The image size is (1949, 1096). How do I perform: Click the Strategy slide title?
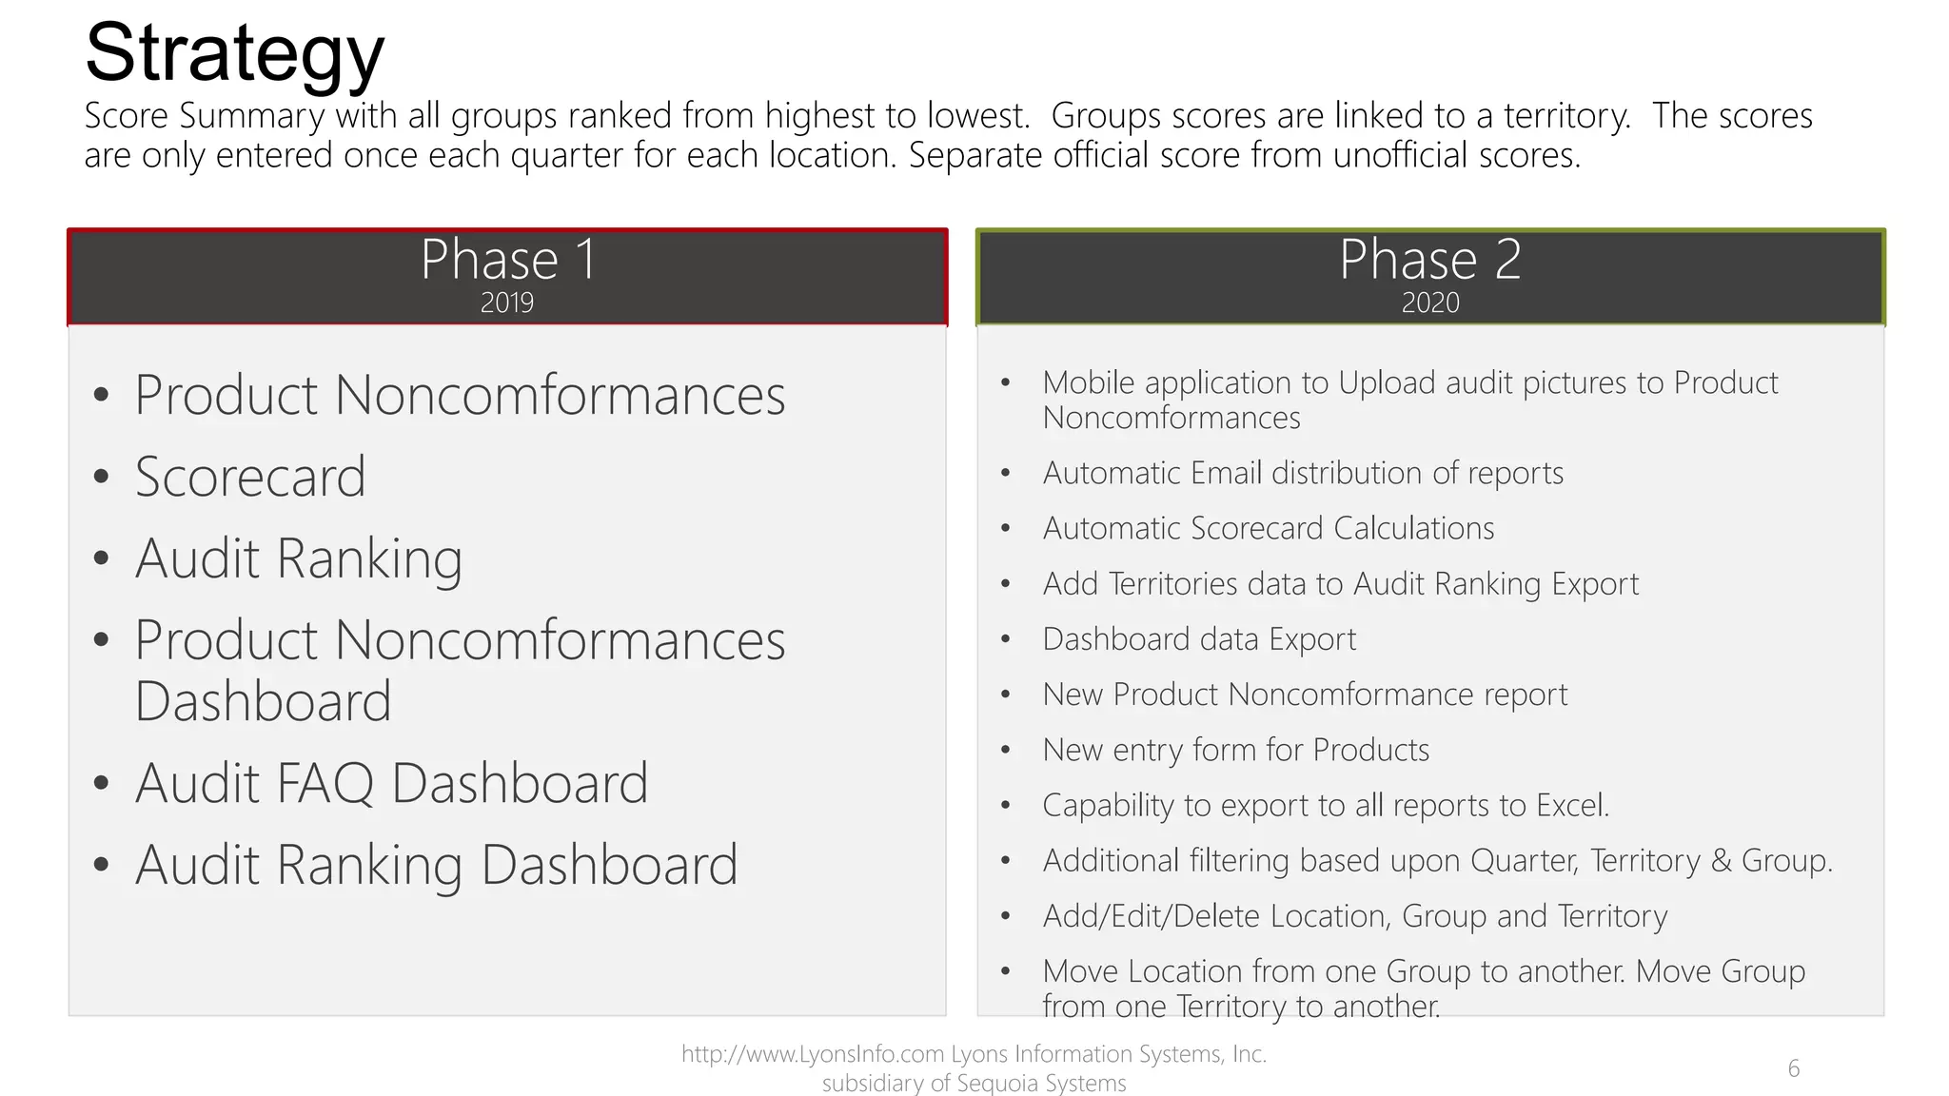234,53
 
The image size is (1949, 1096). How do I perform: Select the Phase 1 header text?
508,259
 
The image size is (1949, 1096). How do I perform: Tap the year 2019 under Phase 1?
506,303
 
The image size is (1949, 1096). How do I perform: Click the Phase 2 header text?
1429,259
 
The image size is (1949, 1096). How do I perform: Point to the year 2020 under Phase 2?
1429,303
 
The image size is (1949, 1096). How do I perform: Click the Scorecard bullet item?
249,477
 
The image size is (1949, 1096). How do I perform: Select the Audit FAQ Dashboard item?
391,783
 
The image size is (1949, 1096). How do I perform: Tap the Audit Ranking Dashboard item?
436,865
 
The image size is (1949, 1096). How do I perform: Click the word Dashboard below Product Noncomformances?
263,701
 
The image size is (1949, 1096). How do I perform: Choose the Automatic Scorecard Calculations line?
1268,528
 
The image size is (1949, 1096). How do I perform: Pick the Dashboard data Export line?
1199,639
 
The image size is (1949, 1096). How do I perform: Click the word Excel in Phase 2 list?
1570,806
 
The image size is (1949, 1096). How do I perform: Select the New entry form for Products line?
1235,750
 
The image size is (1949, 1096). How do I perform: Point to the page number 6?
1793,1068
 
